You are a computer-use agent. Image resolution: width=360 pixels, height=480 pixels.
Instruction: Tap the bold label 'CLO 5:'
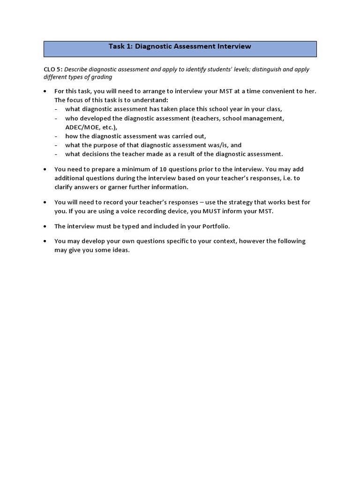click(53, 69)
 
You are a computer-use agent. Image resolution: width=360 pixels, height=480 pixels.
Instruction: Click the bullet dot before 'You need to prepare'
click(45, 169)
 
